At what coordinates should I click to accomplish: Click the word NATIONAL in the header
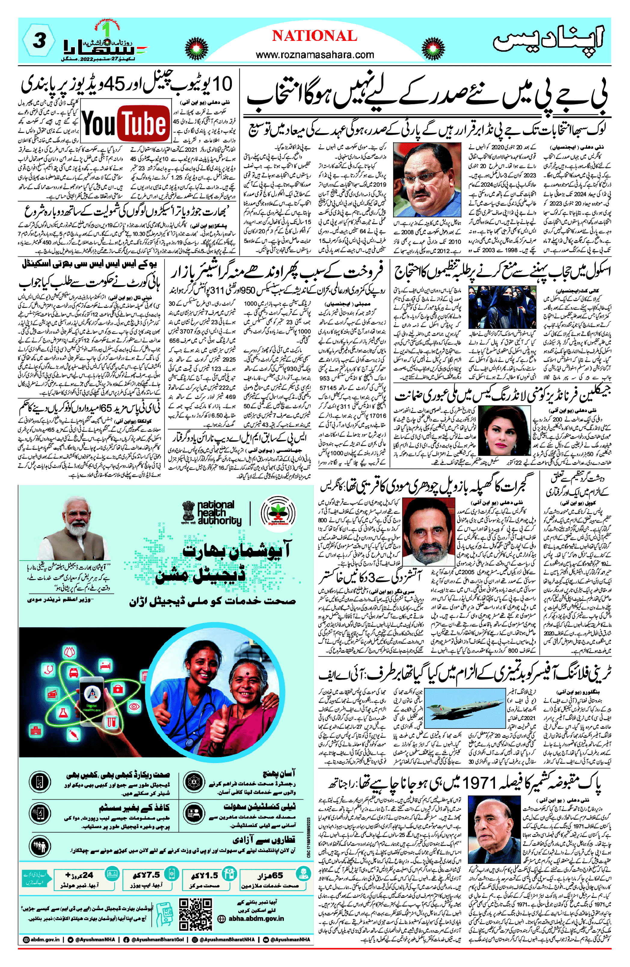(314, 36)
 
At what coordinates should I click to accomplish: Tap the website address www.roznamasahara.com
(315, 54)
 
